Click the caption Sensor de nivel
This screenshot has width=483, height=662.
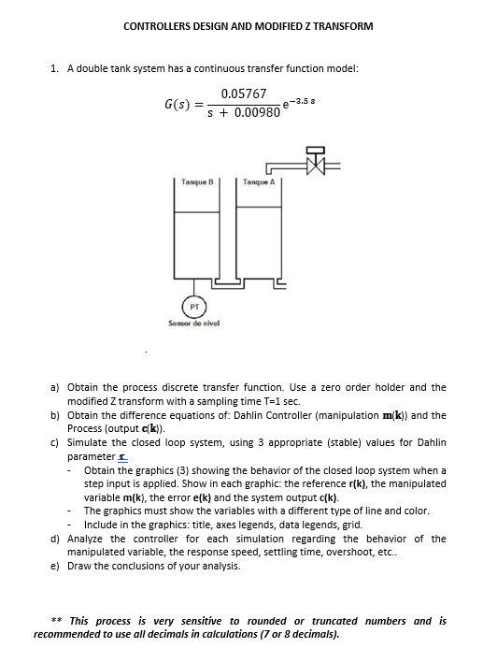(194, 324)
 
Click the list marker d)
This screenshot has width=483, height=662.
(56, 539)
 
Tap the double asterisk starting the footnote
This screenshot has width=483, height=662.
(57, 620)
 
